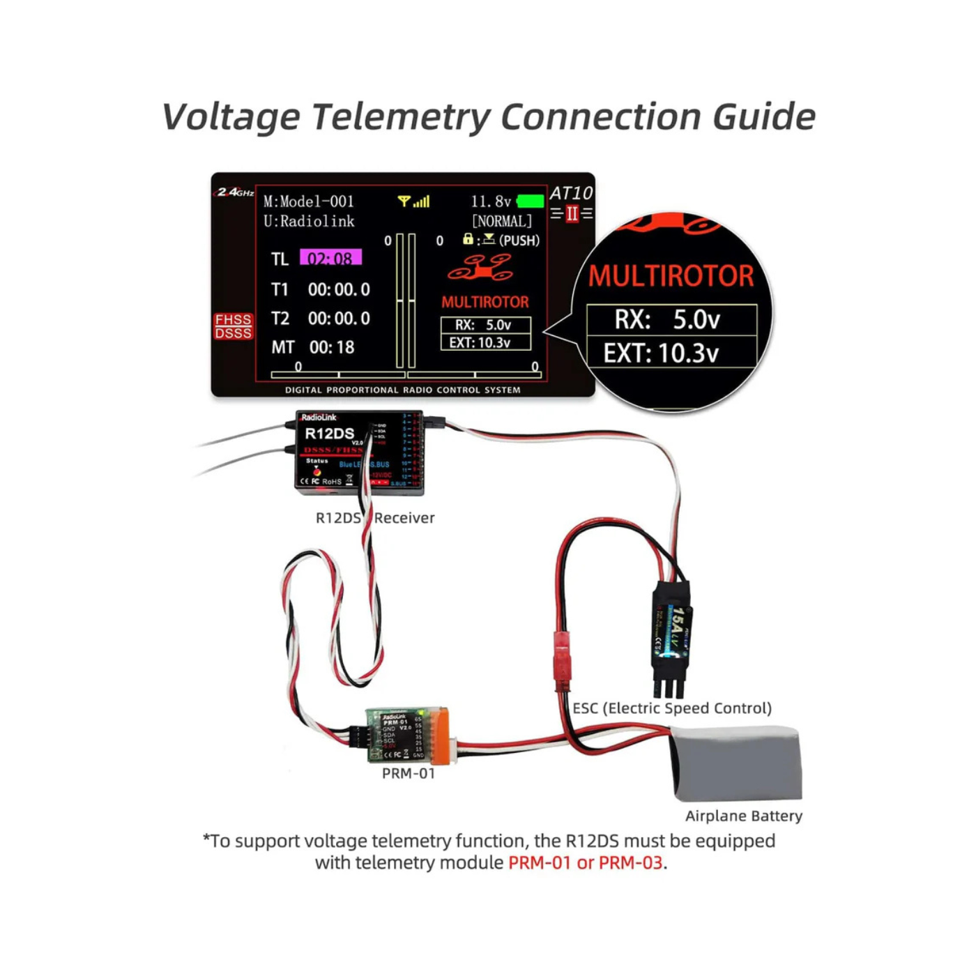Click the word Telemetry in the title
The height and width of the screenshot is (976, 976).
pos(402,116)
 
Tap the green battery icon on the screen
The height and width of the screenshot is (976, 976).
pos(531,201)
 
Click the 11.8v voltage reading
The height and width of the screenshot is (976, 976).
pos(491,201)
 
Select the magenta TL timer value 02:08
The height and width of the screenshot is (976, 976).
pos(330,258)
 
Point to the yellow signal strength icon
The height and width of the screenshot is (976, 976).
pos(413,201)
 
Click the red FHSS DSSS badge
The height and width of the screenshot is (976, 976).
pos(233,326)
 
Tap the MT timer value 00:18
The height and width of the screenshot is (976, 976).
pos(332,347)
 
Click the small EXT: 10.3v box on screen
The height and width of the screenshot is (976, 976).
pos(485,342)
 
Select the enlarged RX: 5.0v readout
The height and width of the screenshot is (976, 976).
pos(671,319)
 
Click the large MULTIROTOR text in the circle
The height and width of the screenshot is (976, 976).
pos(671,276)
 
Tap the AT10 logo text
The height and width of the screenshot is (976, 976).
pos(571,193)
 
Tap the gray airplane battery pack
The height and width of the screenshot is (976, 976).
pos(736,762)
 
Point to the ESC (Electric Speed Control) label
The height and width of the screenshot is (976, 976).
pos(672,708)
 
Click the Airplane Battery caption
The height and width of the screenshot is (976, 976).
pos(743,816)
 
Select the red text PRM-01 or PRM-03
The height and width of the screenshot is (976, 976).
pos(585,862)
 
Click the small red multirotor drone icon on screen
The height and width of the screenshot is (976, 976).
pos(480,268)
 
